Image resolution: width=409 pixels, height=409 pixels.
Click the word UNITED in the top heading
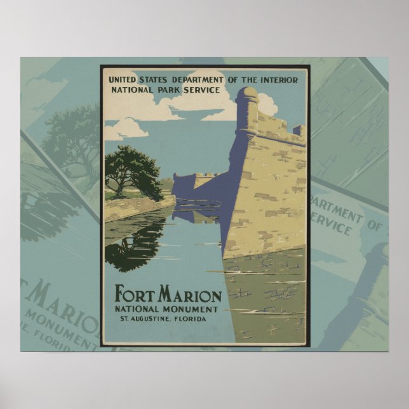pyautogui.click(x=124, y=79)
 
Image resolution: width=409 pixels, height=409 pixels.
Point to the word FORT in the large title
pyautogui.click(x=135, y=295)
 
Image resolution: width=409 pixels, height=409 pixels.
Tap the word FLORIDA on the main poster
pyautogui.click(x=189, y=318)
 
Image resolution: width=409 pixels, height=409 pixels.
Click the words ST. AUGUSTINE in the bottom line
pyautogui.click(x=142, y=318)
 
